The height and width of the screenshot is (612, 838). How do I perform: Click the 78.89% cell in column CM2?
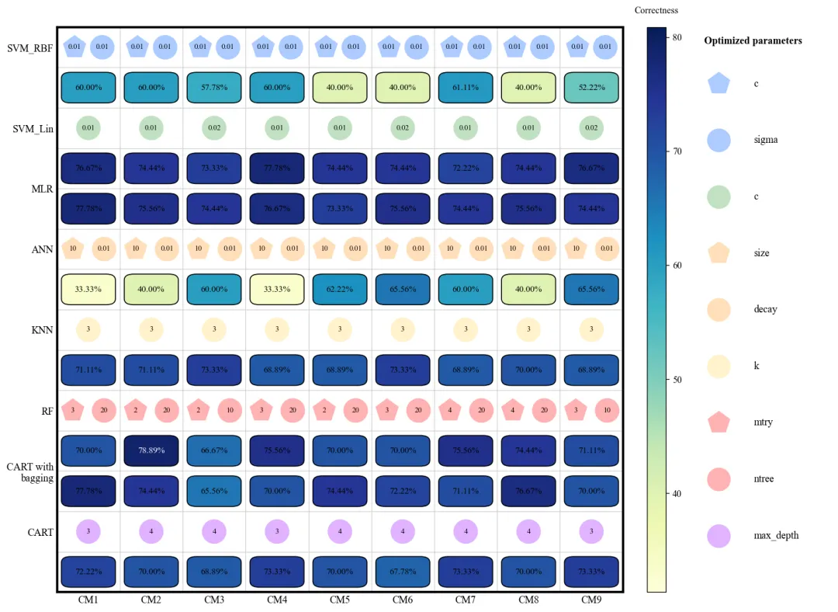click(151, 450)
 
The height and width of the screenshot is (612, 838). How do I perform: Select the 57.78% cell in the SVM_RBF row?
click(214, 87)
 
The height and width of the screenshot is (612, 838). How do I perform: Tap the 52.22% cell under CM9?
click(591, 87)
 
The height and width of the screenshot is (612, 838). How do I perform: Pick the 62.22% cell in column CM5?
click(340, 289)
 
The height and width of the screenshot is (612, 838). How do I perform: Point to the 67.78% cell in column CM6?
click(403, 572)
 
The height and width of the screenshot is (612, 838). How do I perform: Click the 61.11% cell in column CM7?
click(466, 87)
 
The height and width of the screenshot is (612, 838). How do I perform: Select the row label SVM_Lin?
click(33, 128)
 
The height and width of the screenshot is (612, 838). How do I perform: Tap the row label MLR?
click(42, 189)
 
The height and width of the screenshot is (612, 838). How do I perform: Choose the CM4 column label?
click(277, 600)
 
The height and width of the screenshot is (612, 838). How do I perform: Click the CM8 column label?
click(528, 600)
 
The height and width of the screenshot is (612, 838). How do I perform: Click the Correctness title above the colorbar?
click(656, 10)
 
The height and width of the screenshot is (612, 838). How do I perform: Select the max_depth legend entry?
click(776, 535)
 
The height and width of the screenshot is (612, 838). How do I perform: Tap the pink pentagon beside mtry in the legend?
click(719, 422)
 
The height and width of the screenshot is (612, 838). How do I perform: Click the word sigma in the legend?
click(765, 140)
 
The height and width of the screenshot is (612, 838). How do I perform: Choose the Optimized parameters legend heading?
click(753, 40)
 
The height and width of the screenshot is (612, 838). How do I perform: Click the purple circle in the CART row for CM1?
click(88, 531)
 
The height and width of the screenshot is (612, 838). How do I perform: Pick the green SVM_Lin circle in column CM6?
click(403, 127)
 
